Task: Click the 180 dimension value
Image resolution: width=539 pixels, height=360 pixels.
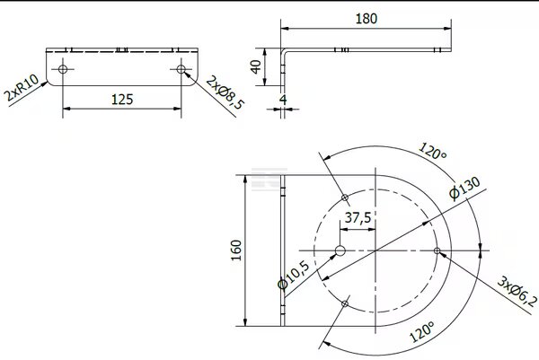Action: point(367,19)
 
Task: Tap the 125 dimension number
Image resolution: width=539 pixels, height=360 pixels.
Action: point(122,100)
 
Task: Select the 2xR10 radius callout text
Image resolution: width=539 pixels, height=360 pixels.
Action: point(22,88)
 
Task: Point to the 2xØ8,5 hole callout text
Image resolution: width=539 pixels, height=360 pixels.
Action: point(225,92)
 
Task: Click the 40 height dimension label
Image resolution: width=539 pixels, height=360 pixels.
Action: point(256,67)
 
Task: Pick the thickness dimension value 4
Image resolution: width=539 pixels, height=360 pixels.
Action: point(283,100)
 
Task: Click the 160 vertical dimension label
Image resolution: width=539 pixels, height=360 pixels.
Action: point(236,250)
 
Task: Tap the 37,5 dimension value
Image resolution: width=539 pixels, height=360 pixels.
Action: point(358,217)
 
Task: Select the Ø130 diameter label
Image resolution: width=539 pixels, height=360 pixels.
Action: point(464,188)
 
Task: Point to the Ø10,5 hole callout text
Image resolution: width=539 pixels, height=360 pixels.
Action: point(293,275)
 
